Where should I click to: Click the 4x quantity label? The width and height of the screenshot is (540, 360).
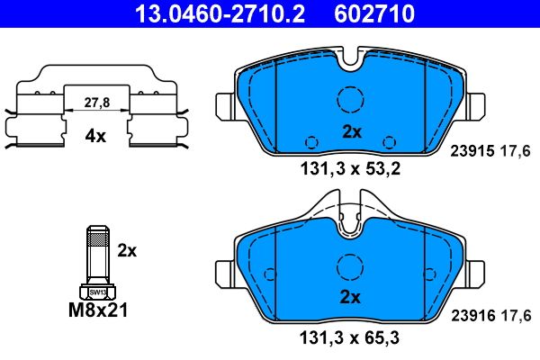(94, 137)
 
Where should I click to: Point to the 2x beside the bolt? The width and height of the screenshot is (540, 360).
(128, 249)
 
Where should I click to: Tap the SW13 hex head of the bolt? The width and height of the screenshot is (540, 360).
(95, 291)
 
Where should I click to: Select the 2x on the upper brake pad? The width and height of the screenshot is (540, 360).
(351, 131)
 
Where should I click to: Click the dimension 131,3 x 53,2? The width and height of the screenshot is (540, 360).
(350, 166)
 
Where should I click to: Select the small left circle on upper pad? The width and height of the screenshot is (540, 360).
(311, 141)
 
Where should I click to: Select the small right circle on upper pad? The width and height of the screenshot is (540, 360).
(389, 141)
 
